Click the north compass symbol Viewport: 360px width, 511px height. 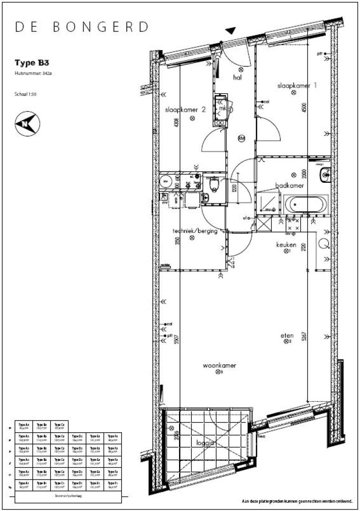pyautogui.click(x=27, y=124)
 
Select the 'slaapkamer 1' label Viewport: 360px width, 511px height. pyautogui.click(x=297, y=85)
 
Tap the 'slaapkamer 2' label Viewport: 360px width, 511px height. pyautogui.click(x=185, y=110)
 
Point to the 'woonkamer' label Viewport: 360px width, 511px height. pyautogui.click(x=219, y=365)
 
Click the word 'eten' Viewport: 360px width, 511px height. pyautogui.click(x=287, y=336)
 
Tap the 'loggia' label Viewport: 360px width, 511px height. pyautogui.click(x=204, y=442)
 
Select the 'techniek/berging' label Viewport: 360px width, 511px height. pyautogui.click(x=195, y=231)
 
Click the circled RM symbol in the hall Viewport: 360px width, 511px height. pyautogui.click(x=241, y=138)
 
